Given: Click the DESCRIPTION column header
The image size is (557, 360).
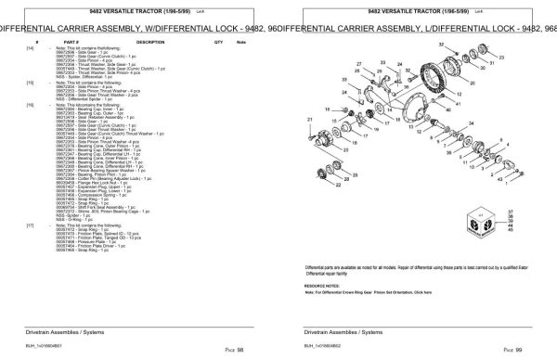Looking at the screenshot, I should tap(149, 43).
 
